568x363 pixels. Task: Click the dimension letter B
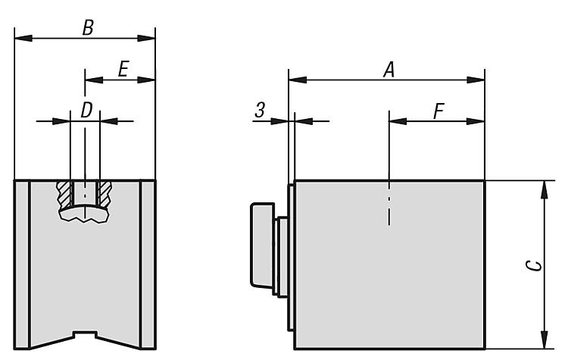(88, 27)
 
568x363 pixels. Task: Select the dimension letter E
(123, 69)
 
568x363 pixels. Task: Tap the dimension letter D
(86, 110)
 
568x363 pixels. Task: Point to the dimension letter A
(389, 70)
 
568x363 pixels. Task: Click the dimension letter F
(438, 111)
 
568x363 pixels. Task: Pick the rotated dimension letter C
(534, 266)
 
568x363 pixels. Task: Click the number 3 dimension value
(260, 110)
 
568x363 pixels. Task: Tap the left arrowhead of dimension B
(23, 38)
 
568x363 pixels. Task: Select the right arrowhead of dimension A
(476, 80)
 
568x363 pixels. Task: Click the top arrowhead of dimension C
(544, 189)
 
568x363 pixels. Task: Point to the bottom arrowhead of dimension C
(544, 340)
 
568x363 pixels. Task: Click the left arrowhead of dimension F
(398, 121)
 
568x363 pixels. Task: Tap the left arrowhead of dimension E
(94, 80)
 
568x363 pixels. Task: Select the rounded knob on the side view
(262, 245)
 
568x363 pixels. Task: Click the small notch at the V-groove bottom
(85, 334)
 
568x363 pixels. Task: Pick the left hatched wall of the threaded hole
(65, 194)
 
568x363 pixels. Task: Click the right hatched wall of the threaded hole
(105, 194)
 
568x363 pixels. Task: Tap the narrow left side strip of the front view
(22, 264)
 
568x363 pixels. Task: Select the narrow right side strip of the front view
(148, 264)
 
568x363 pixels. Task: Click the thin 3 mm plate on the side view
(291, 258)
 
